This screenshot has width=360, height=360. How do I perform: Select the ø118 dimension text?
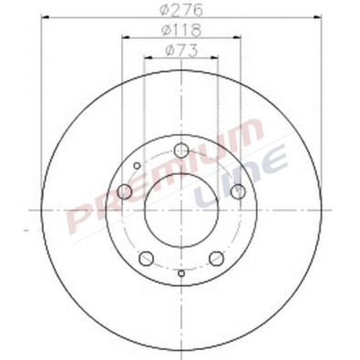click(x=182, y=30)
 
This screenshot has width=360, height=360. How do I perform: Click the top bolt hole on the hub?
click(x=181, y=150)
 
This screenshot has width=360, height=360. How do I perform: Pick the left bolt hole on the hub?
click(x=126, y=191)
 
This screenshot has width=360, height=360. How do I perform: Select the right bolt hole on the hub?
click(x=238, y=191)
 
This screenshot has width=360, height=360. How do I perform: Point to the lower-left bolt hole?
click(x=147, y=258)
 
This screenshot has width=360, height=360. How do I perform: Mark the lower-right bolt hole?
click(x=217, y=258)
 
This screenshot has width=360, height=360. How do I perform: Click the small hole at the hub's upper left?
click(x=137, y=166)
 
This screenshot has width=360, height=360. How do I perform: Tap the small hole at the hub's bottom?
click(x=181, y=273)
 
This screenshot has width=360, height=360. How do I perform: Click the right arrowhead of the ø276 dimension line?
click(x=318, y=17)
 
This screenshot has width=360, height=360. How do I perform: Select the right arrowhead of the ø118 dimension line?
click(x=240, y=36)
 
